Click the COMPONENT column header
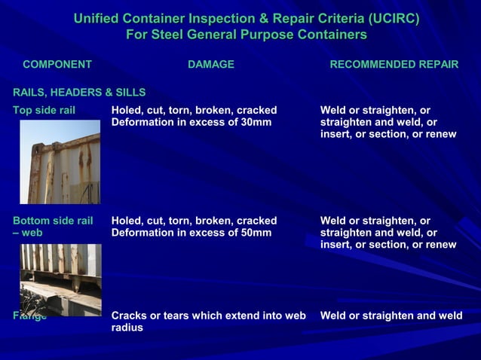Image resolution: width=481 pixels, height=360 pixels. [x=57, y=65]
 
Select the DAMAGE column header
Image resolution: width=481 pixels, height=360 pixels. [x=210, y=65]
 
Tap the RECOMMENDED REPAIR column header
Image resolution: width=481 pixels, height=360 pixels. [x=394, y=65]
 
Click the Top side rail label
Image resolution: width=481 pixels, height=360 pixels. [x=44, y=110]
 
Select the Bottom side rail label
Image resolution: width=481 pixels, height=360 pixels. [x=52, y=221]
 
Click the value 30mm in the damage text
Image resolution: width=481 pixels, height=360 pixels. [x=256, y=122]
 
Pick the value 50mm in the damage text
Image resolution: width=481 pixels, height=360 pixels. [x=256, y=233]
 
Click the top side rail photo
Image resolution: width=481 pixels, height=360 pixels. [x=60, y=162]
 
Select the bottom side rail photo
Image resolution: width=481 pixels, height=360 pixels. [x=60, y=278]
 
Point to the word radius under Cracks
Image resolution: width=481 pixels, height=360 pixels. [x=127, y=328]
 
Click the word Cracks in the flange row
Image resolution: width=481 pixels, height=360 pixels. [x=130, y=316]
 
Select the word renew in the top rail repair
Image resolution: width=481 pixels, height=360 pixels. [x=440, y=134]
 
